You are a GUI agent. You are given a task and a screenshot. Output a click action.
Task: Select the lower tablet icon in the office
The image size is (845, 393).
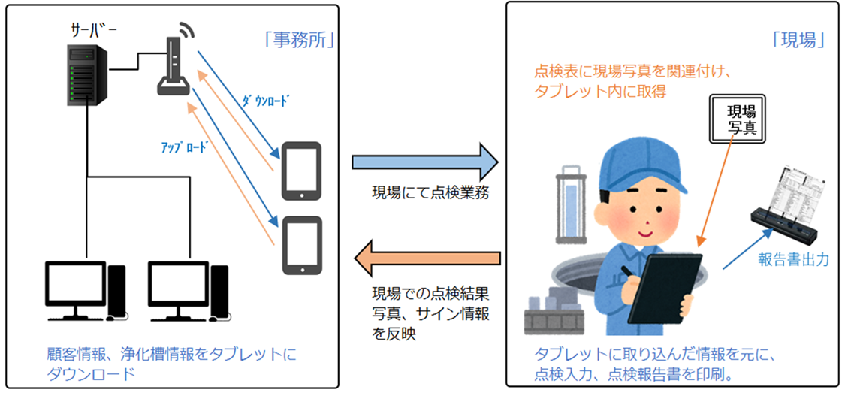(x=301, y=245)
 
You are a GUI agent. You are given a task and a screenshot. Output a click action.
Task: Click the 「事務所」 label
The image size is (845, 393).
(x=298, y=39)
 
